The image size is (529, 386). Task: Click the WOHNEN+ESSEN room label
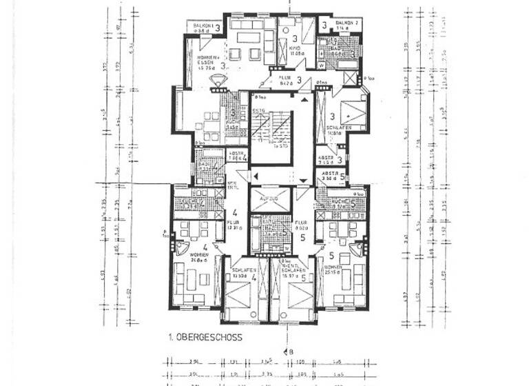[x=207, y=61]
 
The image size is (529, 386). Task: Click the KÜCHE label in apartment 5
[x=338, y=203]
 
